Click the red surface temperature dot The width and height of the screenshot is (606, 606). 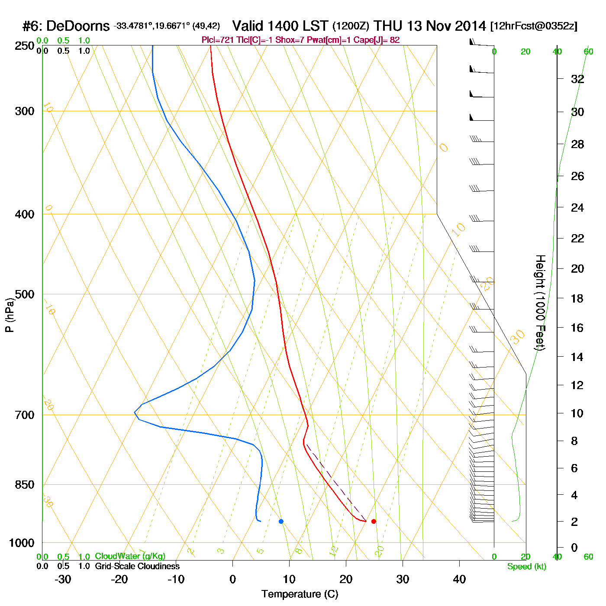point(374,521)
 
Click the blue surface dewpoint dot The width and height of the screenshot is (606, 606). point(281,521)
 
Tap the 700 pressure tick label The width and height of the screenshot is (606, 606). point(24,415)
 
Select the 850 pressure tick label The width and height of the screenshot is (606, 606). point(24,485)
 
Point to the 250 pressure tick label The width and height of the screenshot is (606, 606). point(24,46)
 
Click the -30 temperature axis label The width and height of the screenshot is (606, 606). point(63,579)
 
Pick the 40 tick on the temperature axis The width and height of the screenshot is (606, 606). point(459,579)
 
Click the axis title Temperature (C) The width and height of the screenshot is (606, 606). point(300,594)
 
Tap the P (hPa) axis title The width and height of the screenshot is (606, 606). point(10,315)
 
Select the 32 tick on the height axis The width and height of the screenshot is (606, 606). point(577,79)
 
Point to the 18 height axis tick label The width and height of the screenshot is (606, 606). point(577,298)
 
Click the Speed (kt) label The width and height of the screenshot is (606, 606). point(526,567)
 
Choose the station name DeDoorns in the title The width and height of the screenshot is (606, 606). point(78,26)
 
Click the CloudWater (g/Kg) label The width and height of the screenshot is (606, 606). point(130,556)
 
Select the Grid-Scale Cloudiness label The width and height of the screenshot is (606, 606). point(137,566)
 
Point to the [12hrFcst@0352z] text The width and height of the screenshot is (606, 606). point(534,26)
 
